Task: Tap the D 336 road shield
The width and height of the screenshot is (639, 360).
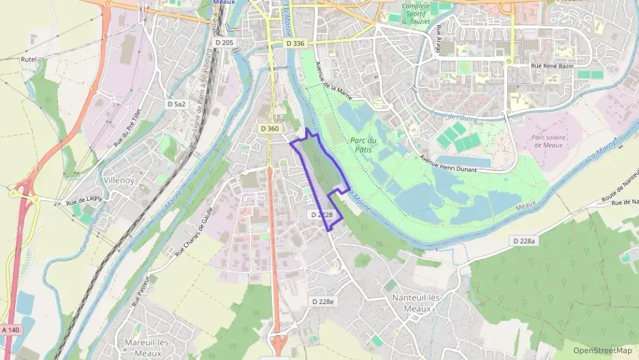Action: [x=295, y=43]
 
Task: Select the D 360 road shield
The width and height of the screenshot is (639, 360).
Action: [x=270, y=128]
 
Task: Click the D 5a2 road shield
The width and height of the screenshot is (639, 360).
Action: [x=176, y=104]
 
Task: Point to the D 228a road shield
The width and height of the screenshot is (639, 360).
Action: [x=524, y=240]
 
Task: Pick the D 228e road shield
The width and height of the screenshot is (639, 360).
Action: [x=323, y=301]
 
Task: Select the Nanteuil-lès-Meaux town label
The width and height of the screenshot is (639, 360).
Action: [x=411, y=303]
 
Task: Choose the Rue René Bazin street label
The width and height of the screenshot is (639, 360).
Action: [x=552, y=66]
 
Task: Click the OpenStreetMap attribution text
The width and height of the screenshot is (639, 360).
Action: [x=602, y=350]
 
